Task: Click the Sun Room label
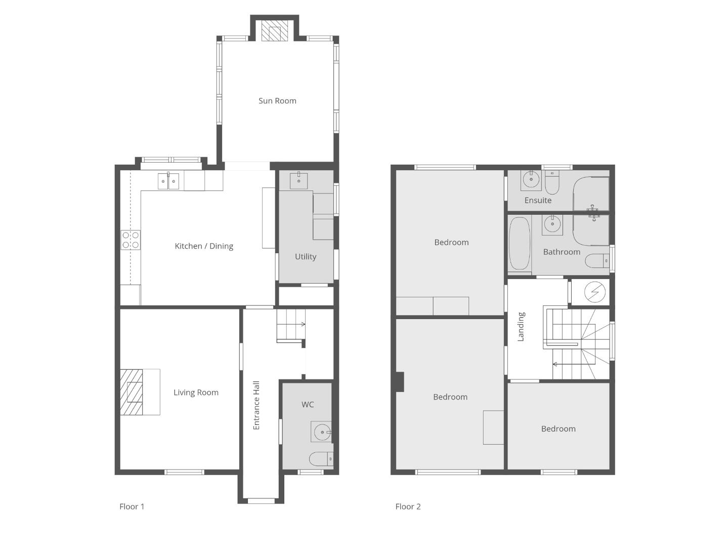coord(277,101)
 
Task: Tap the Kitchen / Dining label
coord(204,246)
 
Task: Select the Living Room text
coord(196,393)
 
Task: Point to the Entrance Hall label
coord(256,405)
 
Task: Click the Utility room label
coord(306,257)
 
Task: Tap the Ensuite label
coord(538,200)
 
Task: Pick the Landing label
coord(521,327)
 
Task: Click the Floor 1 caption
coord(132,506)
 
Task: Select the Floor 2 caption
coord(408,506)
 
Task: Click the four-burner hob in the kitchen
coord(131,240)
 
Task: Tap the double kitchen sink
coord(168,181)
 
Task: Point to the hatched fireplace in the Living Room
coord(132,392)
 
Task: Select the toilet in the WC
coord(321,459)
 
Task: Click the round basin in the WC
coord(321,432)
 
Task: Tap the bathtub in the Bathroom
coord(520,243)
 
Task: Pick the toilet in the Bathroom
coord(597,261)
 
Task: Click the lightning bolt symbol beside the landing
coord(595,292)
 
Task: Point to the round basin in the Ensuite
coord(531,180)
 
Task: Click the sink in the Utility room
coord(299,180)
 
